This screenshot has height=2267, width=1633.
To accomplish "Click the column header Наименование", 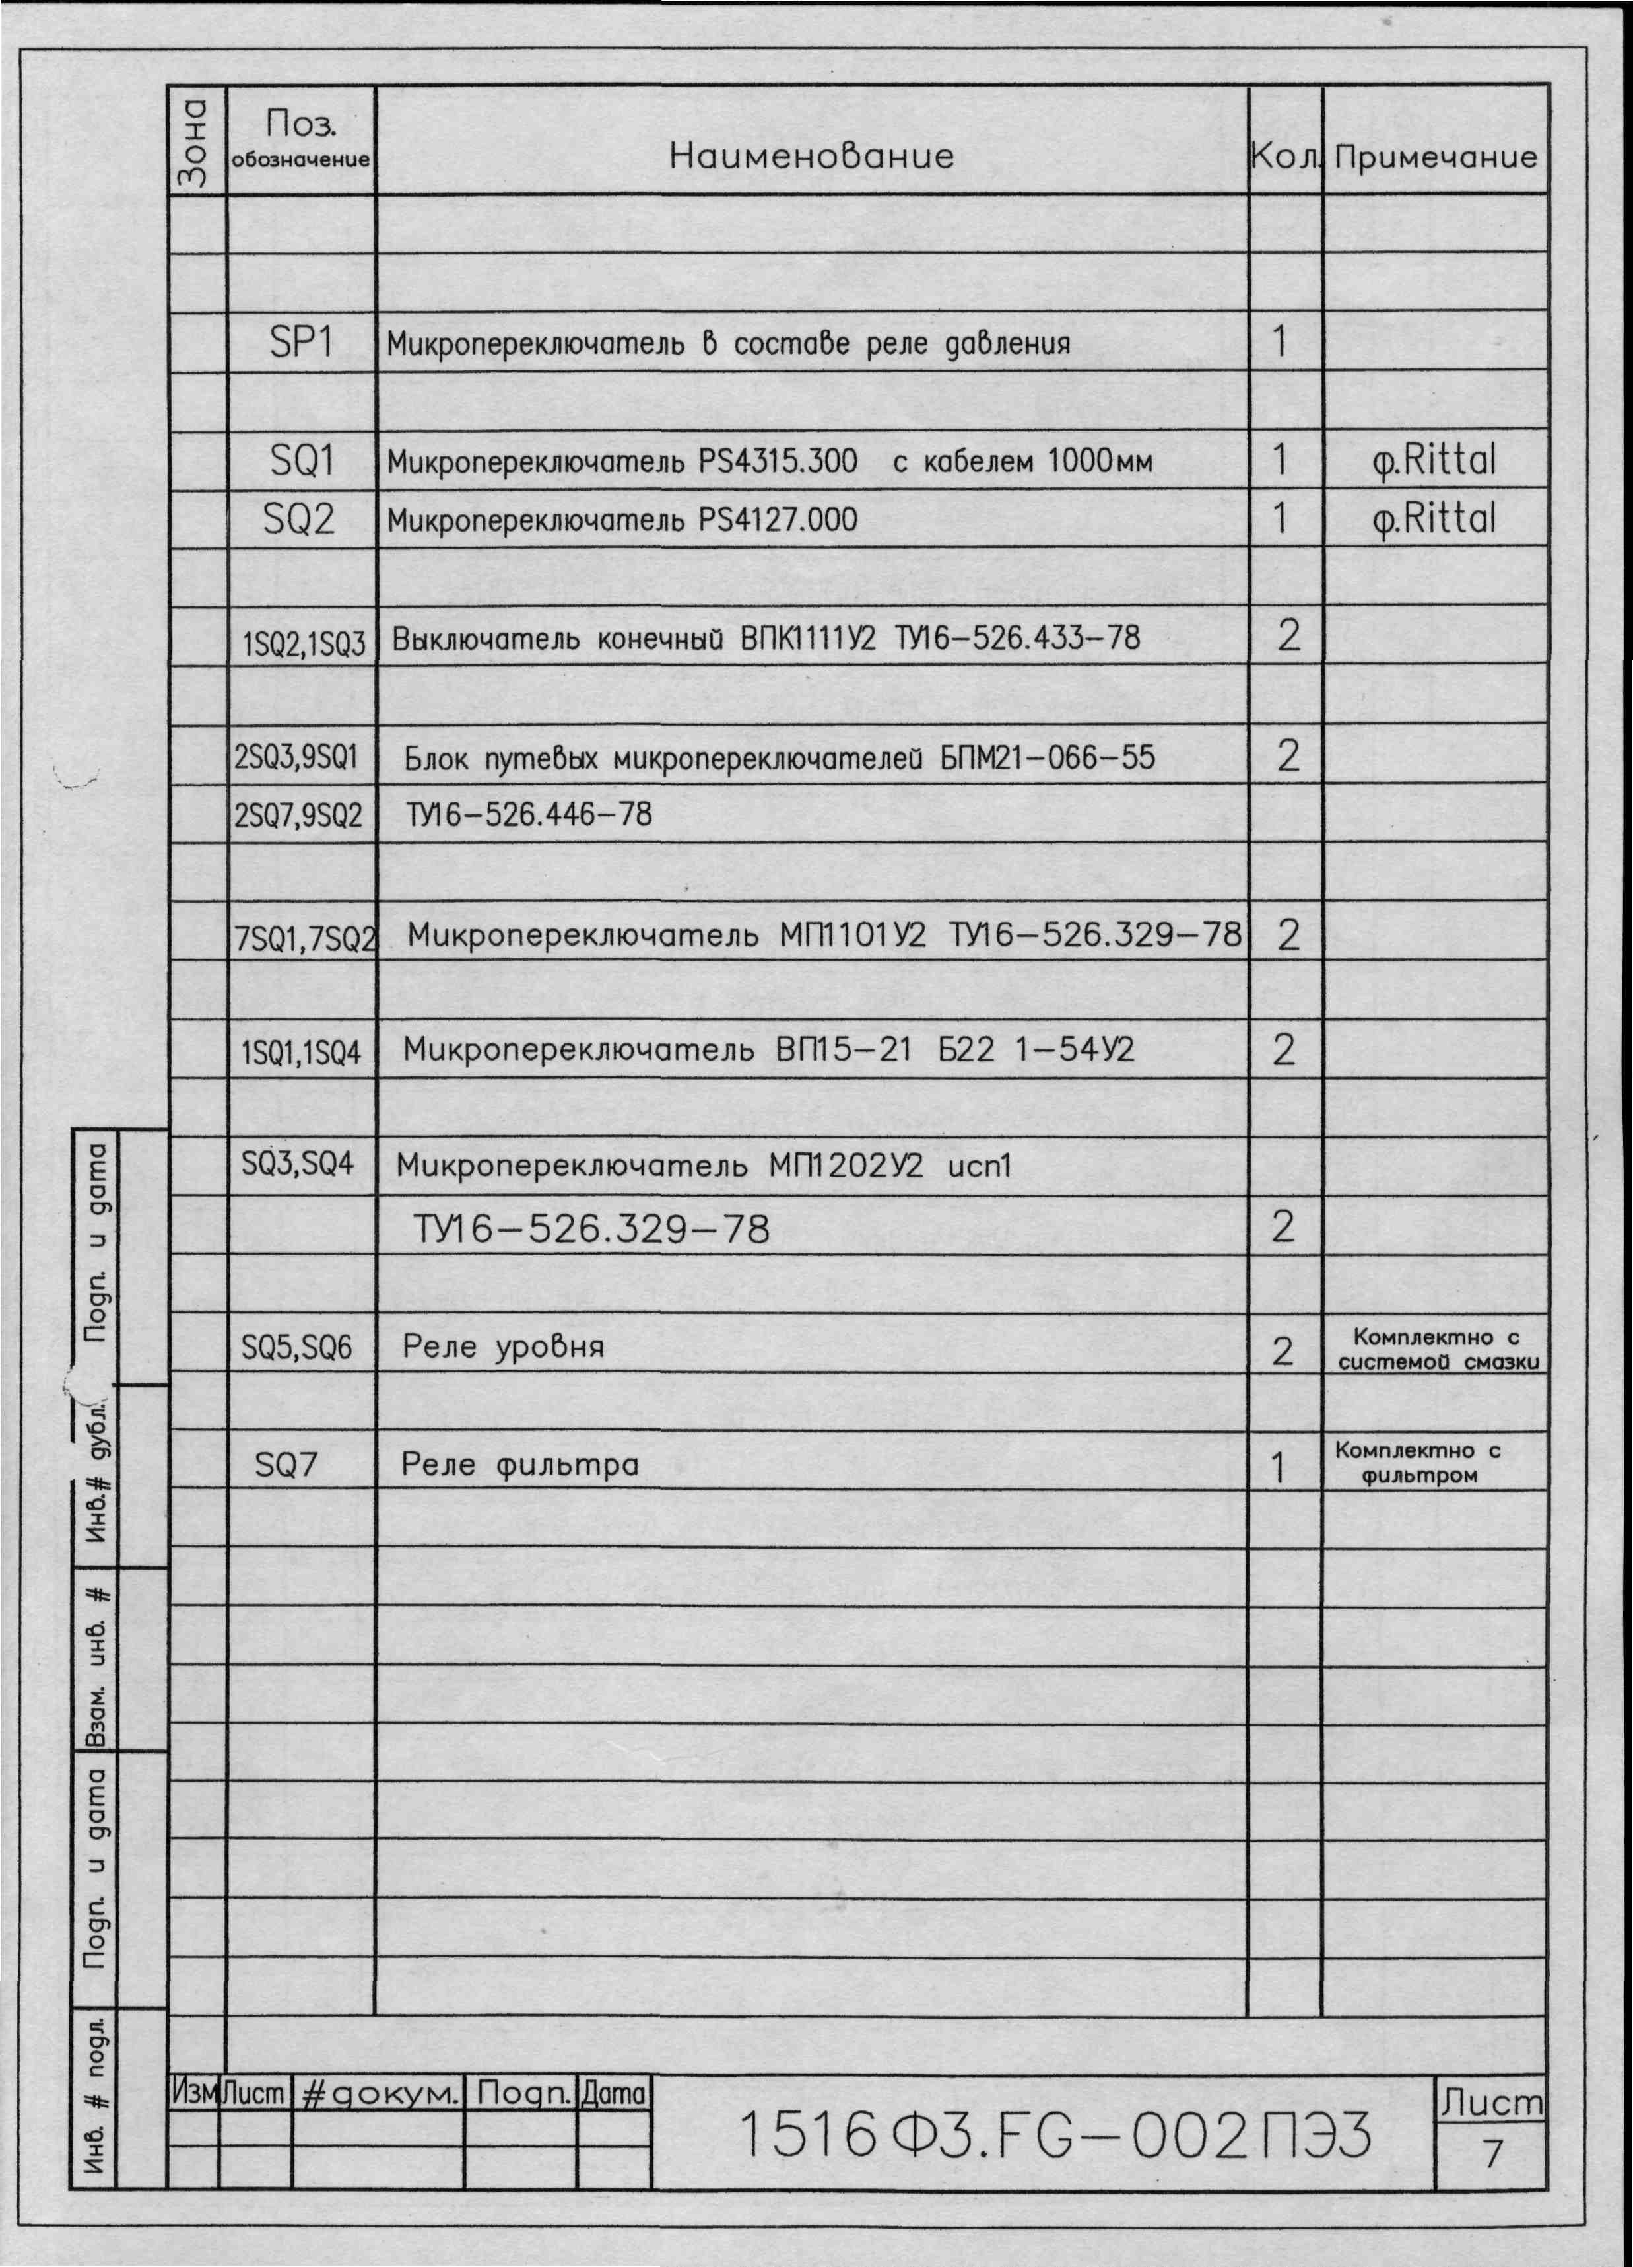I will pyautogui.click(x=811, y=156).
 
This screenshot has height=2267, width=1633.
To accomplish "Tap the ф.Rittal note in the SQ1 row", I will pyautogui.click(x=1435, y=461).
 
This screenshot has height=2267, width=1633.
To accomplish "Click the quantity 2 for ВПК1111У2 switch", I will pyautogui.click(x=1288, y=637).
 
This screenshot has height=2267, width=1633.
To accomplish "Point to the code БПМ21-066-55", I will pyautogui.click(x=1046, y=757).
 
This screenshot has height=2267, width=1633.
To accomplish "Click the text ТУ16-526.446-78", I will pyautogui.click(x=529, y=815).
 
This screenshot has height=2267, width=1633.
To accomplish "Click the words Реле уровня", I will pyautogui.click(x=503, y=1346).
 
